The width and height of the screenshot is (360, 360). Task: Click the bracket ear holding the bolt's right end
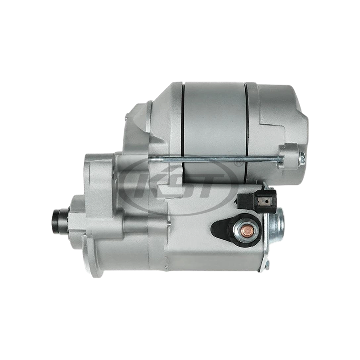coord(288,155)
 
